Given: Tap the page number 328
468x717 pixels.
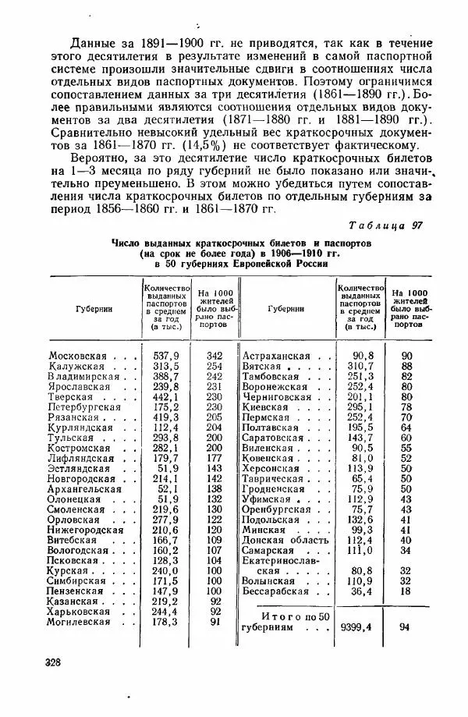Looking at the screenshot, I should (59, 662).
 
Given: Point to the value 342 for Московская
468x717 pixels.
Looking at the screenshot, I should (214, 355).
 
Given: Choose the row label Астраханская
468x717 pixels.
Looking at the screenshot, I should (275, 355).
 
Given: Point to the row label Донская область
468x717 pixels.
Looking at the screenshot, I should (284, 540).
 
